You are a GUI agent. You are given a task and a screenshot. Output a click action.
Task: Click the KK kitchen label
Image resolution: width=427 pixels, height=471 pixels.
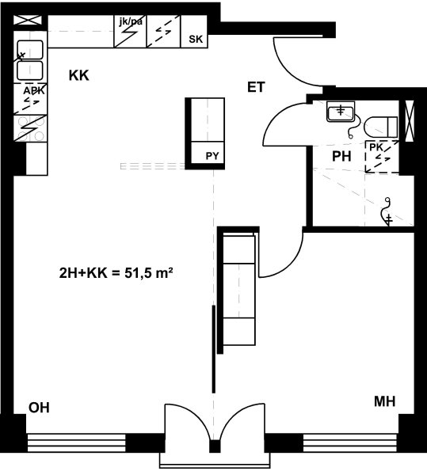tap(79, 75)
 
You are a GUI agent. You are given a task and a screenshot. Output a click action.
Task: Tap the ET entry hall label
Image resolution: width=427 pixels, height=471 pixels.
tap(256, 87)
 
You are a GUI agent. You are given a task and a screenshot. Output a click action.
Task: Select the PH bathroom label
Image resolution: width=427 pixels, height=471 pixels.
tap(341, 156)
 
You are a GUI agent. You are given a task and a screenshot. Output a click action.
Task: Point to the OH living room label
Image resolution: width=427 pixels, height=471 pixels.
tap(39, 408)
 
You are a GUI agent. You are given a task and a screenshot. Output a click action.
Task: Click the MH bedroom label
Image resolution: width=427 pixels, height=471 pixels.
tap(384, 401)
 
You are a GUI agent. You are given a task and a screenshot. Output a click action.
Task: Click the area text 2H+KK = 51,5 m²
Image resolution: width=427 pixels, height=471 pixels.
tap(116, 273)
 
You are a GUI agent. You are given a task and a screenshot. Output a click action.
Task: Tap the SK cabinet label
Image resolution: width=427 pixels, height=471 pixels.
tap(196, 39)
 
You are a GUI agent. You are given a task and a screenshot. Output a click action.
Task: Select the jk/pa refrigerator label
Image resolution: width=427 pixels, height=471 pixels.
tap(131, 21)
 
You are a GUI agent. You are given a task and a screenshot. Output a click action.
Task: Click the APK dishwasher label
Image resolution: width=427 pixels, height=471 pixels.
tap(34, 90)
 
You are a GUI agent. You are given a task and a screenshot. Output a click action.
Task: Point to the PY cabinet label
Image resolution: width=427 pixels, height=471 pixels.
tap(212, 156)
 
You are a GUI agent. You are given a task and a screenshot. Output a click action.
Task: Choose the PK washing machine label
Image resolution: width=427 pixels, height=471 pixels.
tap(376, 147)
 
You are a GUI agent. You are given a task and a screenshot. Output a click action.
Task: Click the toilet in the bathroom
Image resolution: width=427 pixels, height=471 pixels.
tap(381, 127)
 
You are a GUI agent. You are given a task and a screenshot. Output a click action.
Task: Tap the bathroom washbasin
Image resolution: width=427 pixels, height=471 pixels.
tap(341, 112)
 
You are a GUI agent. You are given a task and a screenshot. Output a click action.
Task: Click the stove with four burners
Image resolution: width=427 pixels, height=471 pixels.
tap(31, 128)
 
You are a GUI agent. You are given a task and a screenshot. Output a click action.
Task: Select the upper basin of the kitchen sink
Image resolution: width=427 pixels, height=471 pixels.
tap(30, 50)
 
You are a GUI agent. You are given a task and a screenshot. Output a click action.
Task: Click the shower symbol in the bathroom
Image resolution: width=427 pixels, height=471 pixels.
tap(386, 212)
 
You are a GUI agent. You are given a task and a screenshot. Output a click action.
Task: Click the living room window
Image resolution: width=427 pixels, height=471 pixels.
tap(76, 443)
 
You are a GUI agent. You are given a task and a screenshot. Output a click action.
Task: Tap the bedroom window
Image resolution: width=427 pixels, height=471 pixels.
tap(351, 443)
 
